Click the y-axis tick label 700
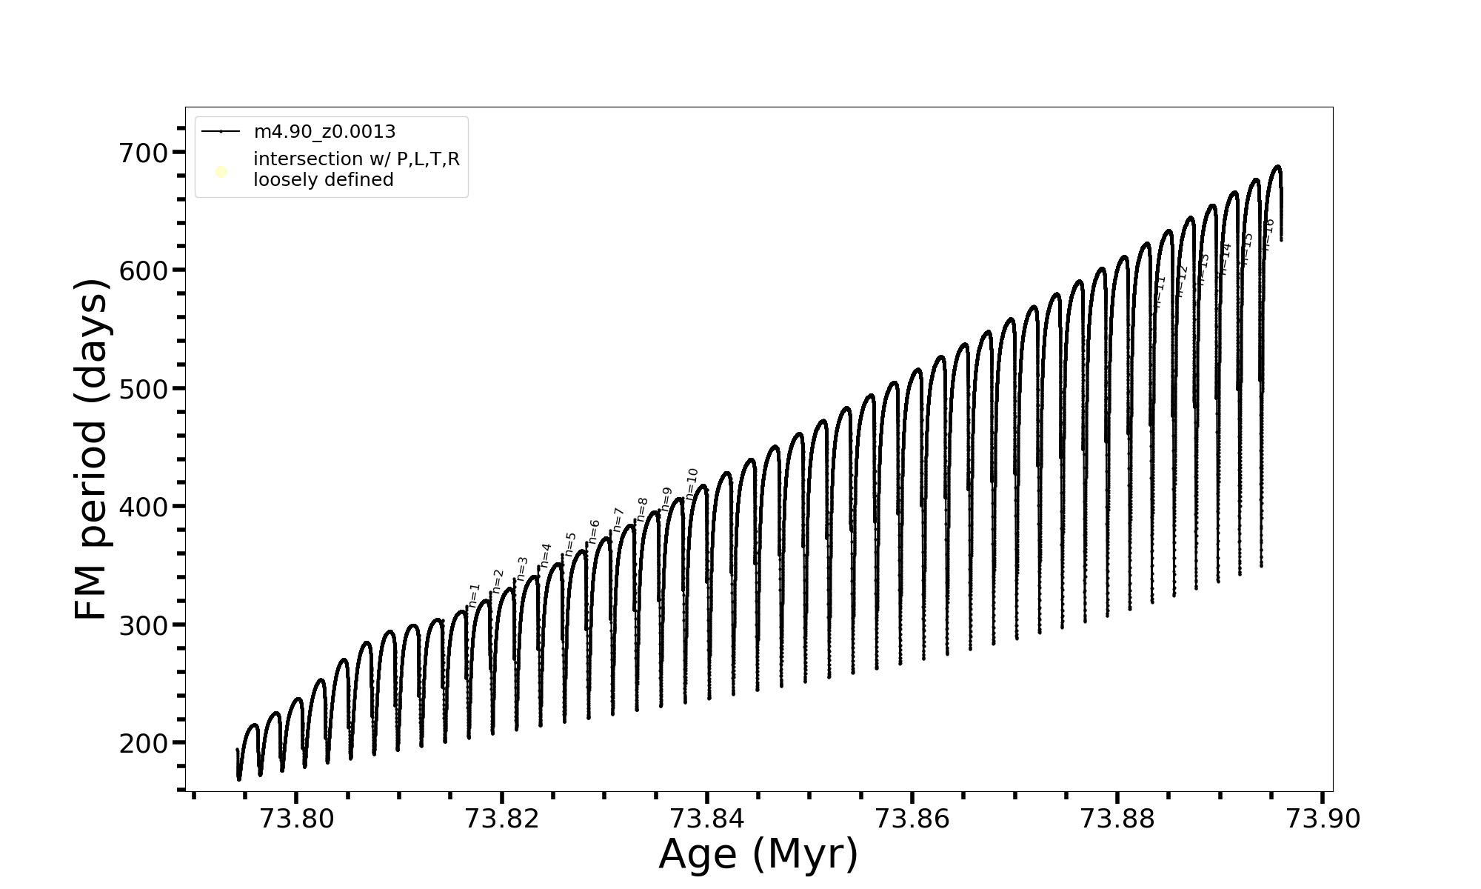tap(144, 153)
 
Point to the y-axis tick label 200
tap(144, 744)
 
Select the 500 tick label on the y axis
tap(144, 390)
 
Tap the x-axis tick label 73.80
tap(296, 819)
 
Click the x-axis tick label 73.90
tap(1323, 819)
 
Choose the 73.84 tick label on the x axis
tap(707, 819)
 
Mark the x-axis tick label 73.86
tap(912, 819)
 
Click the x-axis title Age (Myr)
tap(758, 854)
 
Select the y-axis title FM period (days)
tap(93, 449)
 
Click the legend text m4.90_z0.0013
tap(324, 132)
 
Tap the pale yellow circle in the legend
tap(221, 172)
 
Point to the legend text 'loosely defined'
tap(324, 180)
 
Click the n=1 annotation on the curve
tap(475, 596)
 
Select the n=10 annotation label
tap(692, 484)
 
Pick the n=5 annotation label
tap(570, 544)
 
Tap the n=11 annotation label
tap(1160, 290)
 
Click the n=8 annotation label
tap(642, 510)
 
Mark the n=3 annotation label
tap(522, 568)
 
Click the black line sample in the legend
tap(221, 132)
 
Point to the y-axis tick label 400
tap(144, 507)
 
